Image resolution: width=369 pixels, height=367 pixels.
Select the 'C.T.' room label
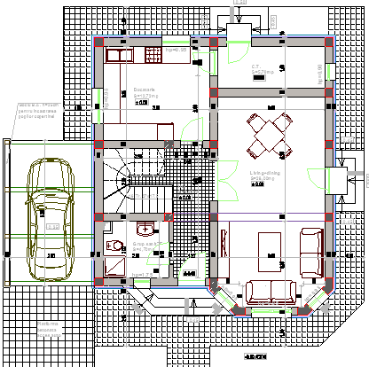click(x=254, y=66)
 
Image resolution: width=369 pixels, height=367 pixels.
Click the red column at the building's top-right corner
click(x=329, y=41)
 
